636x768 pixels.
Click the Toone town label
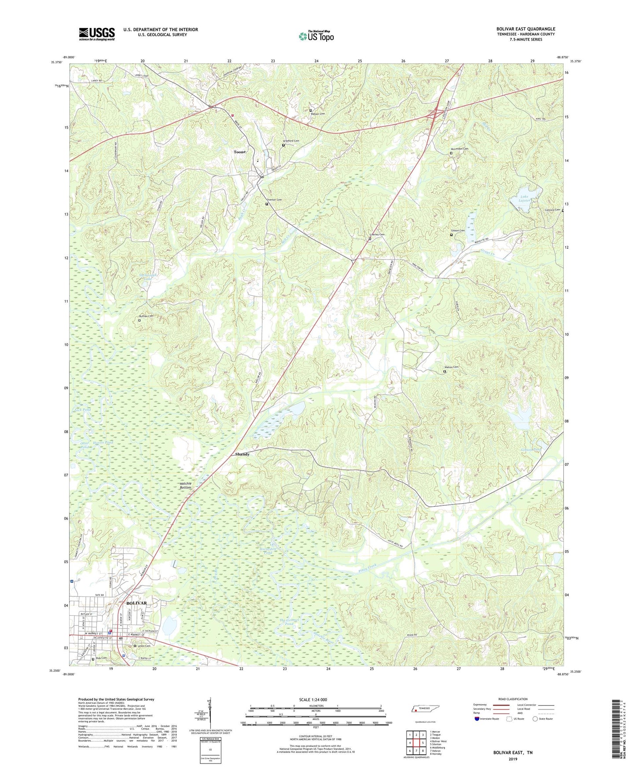pos(239,152)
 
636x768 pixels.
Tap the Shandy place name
pos(242,454)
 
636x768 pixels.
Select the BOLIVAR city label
pos(136,603)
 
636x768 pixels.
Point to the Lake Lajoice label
pos(524,198)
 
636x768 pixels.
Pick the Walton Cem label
pos(451,367)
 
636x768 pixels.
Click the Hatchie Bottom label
pos(186,486)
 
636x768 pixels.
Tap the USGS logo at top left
pos(97,34)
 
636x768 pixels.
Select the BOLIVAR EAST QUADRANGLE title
pos(526,29)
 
